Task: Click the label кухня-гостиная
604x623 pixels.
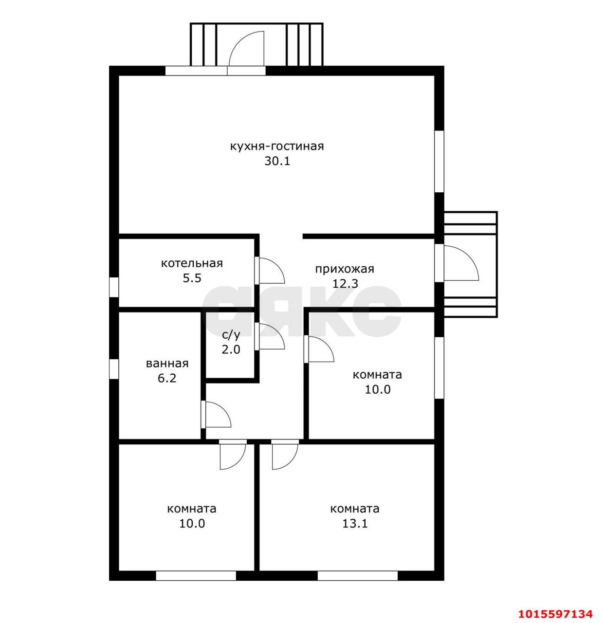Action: pyautogui.click(x=277, y=147)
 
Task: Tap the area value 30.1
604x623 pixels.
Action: pyautogui.click(x=277, y=161)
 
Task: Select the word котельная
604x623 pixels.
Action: pyautogui.click(x=192, y=263)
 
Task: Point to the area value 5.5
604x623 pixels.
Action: pyautogui.click(x=192, y=278)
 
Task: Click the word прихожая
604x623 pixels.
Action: pyautogui.click(x=345, y=269)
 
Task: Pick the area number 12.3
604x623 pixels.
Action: pyautogui.click(x=345, y=284)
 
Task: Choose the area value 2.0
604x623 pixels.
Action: pyautogui.click(x=231, y=349)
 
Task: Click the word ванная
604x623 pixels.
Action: pyautogui.click(x=167, y=364)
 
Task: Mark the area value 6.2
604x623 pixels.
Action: pyautogui.click(x=167, y=378)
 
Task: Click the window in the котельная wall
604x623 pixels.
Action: pyautogui.click(x=114, y=287)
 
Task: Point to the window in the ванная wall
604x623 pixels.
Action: pyautogui.click(x=114, y=369)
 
